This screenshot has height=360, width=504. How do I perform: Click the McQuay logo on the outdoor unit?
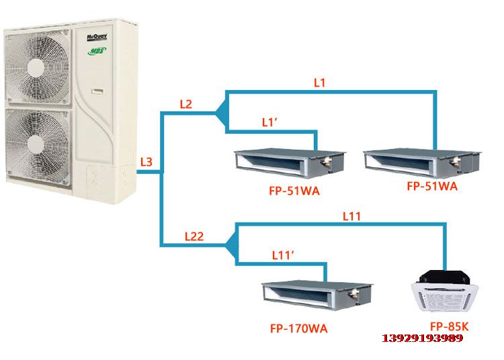(x=97, y=37)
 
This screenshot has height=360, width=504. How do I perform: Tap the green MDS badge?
(x=97, y=51)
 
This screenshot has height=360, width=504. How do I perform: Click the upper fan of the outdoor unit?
(x=37, y=66)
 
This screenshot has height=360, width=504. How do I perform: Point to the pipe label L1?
(x=319, y=83)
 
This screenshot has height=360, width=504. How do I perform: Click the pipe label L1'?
(x=269, y=122)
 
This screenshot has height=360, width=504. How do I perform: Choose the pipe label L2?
(x=185, y=104)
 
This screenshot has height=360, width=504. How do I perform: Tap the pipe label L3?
(x=146, y=162)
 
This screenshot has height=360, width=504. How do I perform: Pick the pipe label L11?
(x=351, y=216)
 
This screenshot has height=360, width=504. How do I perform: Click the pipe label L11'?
(x=283, y=255)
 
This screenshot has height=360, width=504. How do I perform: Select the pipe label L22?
(x=194, y=236)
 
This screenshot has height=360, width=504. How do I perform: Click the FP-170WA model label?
(x=298, y=328)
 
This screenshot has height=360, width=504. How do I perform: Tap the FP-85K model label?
(x=450, y=326)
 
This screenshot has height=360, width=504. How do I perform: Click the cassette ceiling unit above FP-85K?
(x=445, y=291)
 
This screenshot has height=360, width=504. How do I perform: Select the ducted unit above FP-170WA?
(x=317, y=295)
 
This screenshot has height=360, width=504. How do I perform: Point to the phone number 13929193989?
(x=423, y=338)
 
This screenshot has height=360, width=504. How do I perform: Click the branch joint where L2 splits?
(x=222, y=111)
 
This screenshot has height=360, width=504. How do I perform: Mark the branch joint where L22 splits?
(x=232, y=244)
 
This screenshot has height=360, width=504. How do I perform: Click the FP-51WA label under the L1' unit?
(x=294, y=191)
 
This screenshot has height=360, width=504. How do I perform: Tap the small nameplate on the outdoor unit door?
(x=98, y=91)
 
